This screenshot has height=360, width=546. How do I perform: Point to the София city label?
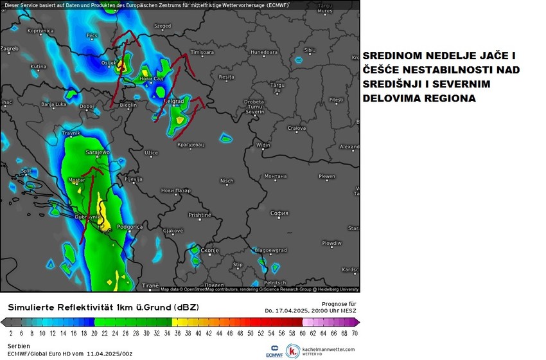(279, 213)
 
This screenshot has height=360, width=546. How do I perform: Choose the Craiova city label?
(296, 128)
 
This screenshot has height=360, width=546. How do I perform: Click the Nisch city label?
(227, 181)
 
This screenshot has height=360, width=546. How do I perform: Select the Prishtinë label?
(199, 215)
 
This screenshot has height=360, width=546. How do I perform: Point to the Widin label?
(263, 145)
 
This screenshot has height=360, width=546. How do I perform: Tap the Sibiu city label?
(310, 50)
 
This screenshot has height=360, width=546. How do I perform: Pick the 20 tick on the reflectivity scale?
(94, 333)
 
